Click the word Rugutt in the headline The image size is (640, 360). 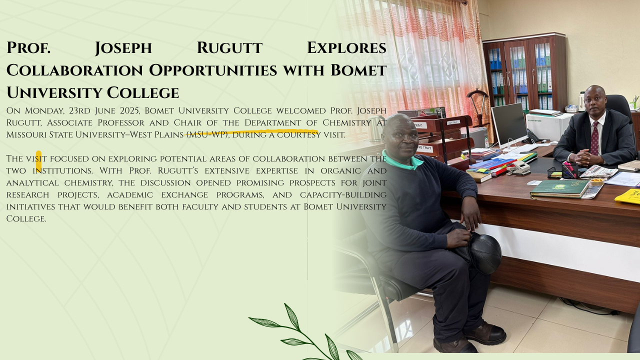tap(229, 47)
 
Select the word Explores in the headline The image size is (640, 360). tap(347, 47)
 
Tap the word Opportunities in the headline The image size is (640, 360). tap(213, 70)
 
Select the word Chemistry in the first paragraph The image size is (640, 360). tap(347, 122)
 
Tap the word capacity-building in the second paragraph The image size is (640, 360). tap(343, 195)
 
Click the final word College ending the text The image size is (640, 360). tap(26, 219)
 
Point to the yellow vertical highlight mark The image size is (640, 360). tap(38, 161)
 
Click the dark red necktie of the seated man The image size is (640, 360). tap(594, 138)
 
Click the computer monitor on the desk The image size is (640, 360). tap(508, 124)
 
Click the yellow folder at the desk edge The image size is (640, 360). tap(628, 196)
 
